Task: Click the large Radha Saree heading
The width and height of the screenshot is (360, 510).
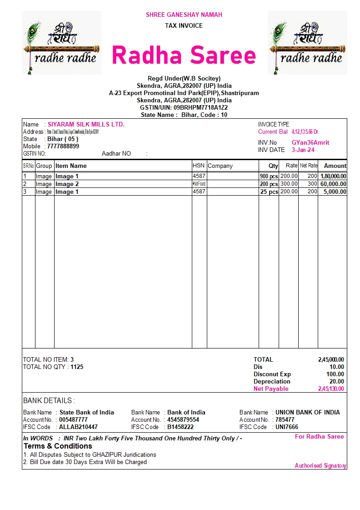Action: click(x=184, y=56)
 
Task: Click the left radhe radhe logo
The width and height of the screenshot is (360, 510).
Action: click(x=61, y=43)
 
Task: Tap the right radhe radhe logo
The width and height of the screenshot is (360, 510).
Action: click(x=307, y=43)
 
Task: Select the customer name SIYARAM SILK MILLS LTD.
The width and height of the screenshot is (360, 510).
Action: click(x=86, y=124)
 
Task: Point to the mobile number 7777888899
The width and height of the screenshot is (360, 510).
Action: click(x=63, y=146)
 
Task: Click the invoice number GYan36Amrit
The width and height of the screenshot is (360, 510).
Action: click(x=310, y=142)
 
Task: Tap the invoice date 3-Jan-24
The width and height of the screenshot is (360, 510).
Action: click(x=303, y=150)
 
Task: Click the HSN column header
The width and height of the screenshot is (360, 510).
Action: click(x=199, y=166)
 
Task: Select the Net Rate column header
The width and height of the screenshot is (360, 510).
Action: click(x=309, y=166)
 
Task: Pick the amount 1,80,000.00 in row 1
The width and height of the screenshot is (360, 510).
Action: click(x=333, y=177)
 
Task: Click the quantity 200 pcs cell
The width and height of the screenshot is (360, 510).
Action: click(x=269, y=184)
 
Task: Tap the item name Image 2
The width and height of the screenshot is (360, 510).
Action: click(x=67, y=184)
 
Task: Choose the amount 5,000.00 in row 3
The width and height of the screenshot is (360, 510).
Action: click(x=335, y=192)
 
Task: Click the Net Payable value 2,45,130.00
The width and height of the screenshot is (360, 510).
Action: click(x=331, y=389)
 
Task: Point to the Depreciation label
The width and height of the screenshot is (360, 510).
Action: click(x=272, y=381)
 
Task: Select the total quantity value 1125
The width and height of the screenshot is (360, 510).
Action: click(x=77, y=367)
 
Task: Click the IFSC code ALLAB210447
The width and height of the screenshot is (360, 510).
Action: click(x=78, y=427)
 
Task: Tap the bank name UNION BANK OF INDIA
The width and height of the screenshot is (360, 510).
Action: click(x=308, y=412)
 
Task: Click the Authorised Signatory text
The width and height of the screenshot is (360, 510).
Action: click(x=320, y=465)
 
